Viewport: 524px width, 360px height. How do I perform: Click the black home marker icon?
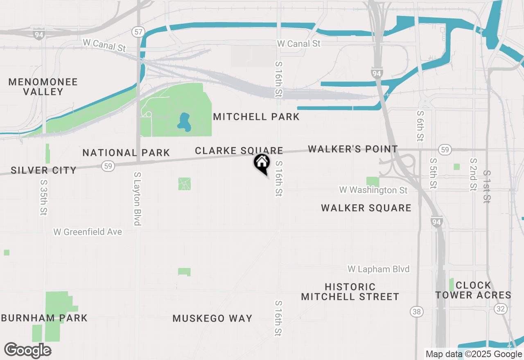pos(262,163)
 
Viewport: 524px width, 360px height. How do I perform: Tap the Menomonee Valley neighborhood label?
pos(43,87)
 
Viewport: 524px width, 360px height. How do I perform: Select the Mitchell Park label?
pos(256,117)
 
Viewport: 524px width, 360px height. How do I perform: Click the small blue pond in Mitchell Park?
pos(184,121)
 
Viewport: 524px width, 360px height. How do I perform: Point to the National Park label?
pos(126,153)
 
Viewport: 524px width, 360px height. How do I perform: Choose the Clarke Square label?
pos(239,151)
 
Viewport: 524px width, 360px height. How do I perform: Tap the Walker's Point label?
pos(352,149)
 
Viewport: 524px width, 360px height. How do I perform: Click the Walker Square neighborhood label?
pos(366,208)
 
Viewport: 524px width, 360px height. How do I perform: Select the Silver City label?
pos(43,170)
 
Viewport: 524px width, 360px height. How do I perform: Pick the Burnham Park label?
pos(44,318)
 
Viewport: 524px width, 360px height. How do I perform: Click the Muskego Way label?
pos(212,318)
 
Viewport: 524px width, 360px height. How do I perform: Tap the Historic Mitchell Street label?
pos(350,291)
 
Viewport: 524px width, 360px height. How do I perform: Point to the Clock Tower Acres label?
pos(473,290)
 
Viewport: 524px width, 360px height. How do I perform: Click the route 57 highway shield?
pos(138,32)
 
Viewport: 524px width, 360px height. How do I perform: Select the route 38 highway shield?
pos(416,312)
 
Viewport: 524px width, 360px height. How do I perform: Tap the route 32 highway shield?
pos(500,308)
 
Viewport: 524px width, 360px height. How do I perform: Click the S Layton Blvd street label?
pos(137,198)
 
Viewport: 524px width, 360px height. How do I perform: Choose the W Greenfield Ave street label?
pos(88,232)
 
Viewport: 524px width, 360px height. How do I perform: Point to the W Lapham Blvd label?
pos(378,269)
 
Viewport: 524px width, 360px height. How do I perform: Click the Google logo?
pos(27,350)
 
